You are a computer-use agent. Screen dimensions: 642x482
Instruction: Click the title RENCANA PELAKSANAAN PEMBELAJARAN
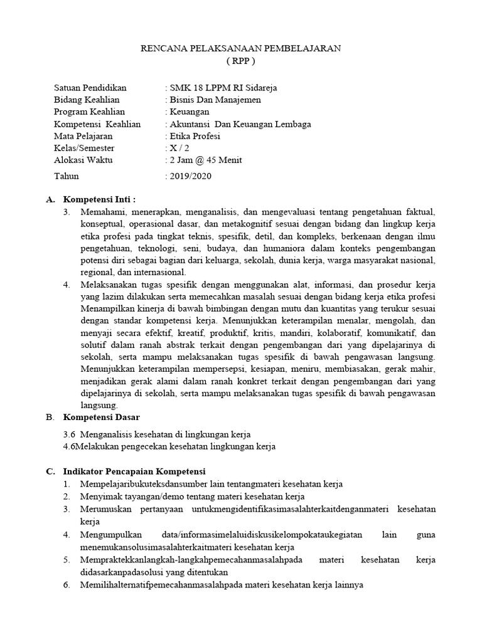pyautogui.click(x=241, y=48)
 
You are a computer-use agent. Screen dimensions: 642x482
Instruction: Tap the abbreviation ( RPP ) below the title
pyautogui.click(x=241, y=61)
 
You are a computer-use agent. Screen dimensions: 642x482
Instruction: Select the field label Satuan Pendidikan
pyautogui.click(x=90, y=88)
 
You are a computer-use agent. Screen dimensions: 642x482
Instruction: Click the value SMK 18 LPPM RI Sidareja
pyautogui.click(x=222, y=88)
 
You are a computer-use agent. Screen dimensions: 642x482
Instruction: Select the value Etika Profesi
pyautogui.click(x=195, y=136)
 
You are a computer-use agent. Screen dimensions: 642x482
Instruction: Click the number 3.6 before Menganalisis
pyautogui.click(x=69, y=434)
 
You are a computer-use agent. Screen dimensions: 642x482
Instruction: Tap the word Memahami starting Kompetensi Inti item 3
pyautogui.click(x=102, y=213)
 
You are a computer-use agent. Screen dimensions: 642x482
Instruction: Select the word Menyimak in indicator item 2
pyautogui.click(x=99, y=496)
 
